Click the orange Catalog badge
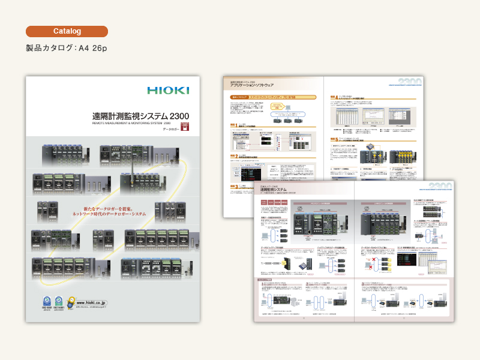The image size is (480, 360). click(x=67, y=31)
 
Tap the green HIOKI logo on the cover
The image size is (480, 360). click(x=168, y=91)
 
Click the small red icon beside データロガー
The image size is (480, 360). click(x=185, y=127)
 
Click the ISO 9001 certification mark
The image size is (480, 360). click(x=45, y=302)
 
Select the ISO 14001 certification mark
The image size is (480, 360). click(x=59, y=302)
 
